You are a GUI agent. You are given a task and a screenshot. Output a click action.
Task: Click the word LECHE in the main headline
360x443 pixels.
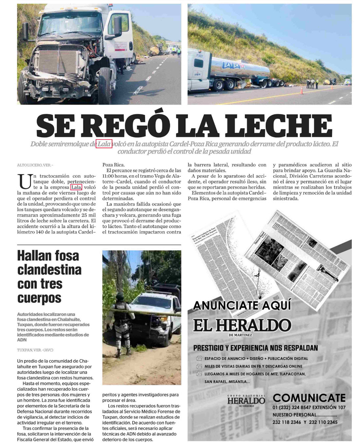coord(279,125)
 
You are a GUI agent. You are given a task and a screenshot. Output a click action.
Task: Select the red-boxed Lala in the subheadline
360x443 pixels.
coord(104,144)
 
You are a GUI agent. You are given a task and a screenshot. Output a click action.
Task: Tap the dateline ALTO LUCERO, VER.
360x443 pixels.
coord(35,165)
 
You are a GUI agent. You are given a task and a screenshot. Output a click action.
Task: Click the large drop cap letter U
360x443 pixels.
coord(24,181)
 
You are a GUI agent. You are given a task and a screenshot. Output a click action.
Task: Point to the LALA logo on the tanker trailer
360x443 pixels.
coord(231,66)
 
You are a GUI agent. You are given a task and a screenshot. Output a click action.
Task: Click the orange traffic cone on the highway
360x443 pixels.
coord(301,90)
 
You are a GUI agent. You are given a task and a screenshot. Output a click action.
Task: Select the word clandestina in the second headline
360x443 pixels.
coord(49,270)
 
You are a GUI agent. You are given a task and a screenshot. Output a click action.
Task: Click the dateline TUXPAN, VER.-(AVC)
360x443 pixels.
coord(35,350)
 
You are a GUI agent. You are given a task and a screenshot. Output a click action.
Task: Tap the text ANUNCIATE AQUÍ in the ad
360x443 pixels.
coord(242,306)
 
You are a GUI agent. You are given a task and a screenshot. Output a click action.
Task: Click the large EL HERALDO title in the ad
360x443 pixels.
coord(242,325)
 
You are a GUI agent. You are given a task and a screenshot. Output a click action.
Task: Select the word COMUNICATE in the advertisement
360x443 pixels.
coord(309,398)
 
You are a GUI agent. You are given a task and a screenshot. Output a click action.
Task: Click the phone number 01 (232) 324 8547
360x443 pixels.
coord(293,407)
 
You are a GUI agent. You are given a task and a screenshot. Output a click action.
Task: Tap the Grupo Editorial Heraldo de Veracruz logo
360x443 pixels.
coord(246,400)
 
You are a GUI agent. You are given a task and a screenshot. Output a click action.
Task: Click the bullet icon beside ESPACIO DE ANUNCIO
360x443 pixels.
coord(199,358)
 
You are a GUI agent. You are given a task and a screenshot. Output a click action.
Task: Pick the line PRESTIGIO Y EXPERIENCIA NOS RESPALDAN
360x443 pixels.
coord(255,348)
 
